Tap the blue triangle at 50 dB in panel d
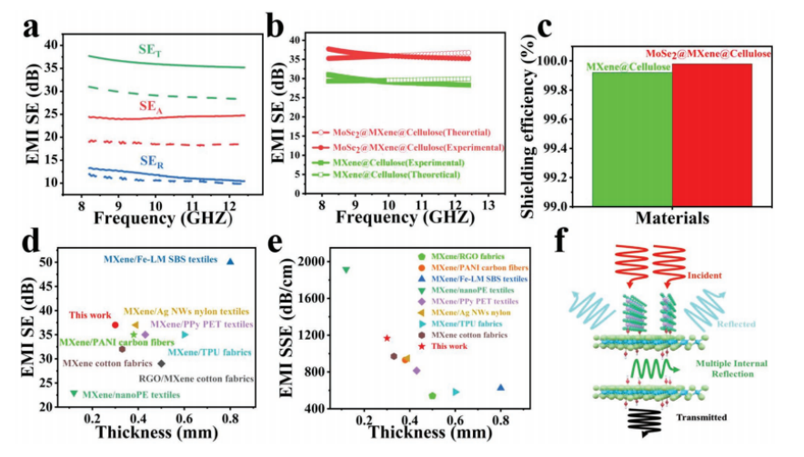click(230, 261)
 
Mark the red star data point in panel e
click(387, 338)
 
